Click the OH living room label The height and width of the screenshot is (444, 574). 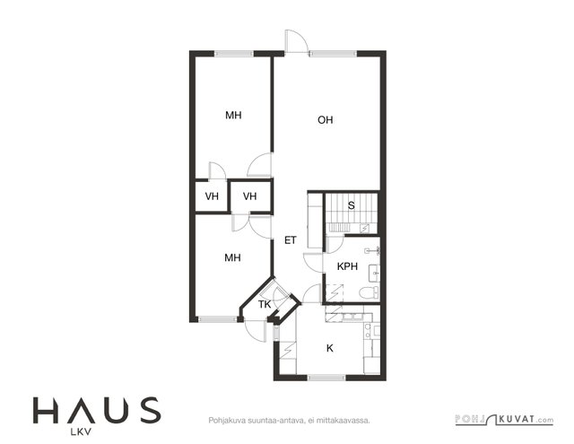[325, 120]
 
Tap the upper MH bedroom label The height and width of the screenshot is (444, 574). [233, 116]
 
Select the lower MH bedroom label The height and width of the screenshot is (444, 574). [232, 257]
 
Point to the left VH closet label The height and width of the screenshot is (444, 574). [212, 196]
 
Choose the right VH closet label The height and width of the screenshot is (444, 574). [249, 196]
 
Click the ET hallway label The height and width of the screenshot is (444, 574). [291, 240]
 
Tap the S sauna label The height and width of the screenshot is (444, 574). [351, 205]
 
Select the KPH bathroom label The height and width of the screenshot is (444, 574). [347, 266]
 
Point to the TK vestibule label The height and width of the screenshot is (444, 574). [265, 304]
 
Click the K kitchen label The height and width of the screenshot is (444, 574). [330, 348]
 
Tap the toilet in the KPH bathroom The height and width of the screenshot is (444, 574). [370, 292]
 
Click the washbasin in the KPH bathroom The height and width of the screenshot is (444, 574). [374, 273]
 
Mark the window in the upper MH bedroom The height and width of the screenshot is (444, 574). [233, 54]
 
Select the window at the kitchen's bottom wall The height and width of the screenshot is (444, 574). [326, 378]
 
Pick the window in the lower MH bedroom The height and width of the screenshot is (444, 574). [217, 319]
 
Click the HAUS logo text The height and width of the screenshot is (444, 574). [97, 410]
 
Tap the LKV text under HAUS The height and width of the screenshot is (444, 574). [81, 432]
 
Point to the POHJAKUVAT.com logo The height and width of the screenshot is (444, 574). [504, 420]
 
